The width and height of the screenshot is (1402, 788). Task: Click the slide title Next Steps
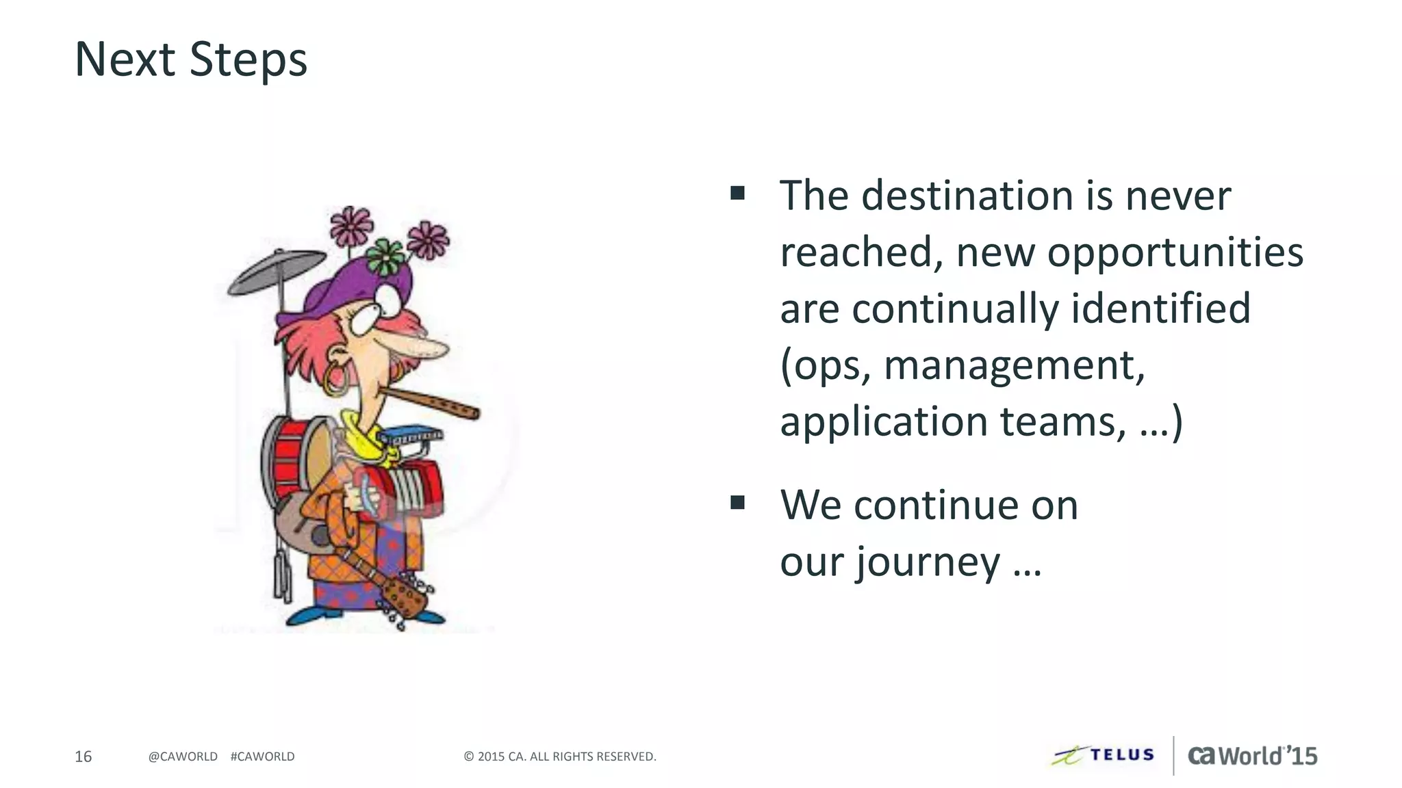[x=190, y=60]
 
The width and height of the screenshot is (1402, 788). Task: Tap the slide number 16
[x=83, y=757]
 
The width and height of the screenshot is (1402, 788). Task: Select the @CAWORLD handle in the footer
[x=183, y=757]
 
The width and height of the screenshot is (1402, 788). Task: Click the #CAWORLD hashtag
[x=263, y=757]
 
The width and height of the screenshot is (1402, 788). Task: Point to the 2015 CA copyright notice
[x=560, y=757]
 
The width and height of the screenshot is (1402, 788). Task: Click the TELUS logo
[x=1104, y=755]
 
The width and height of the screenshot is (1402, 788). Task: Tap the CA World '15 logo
[x=1252, y=755]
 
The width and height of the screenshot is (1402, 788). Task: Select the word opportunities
[x=1175, y=252]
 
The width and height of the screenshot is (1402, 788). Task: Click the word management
[x=1014, y=365]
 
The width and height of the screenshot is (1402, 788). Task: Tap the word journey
[x=928, y=562]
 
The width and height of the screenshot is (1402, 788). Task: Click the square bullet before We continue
[x=737, y=503]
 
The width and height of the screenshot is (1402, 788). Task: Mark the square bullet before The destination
[x=737, y=193]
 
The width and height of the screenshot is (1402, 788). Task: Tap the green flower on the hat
[x=385, y=257]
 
